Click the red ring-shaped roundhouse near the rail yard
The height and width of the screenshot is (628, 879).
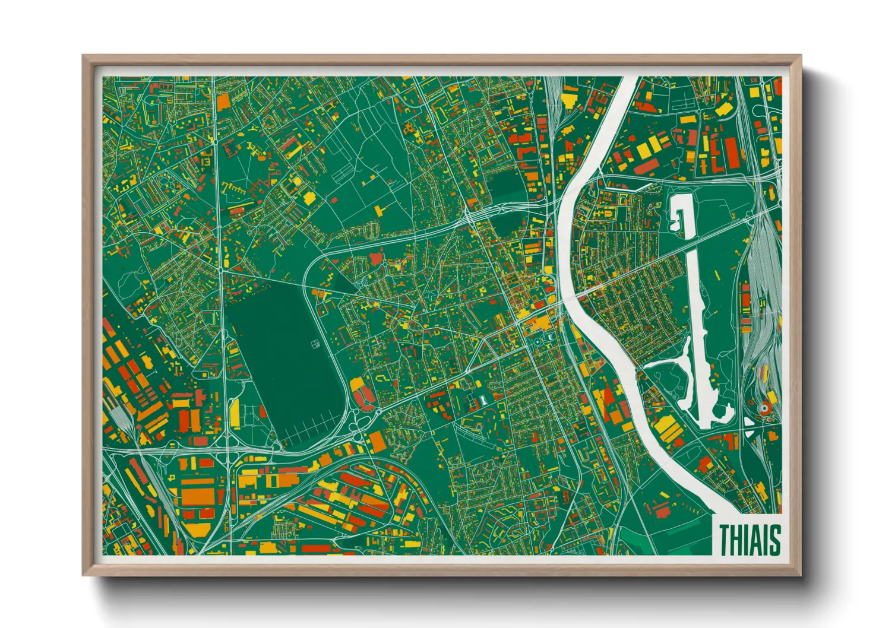pos(765,407)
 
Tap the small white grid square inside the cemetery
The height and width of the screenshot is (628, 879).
pos(315,344)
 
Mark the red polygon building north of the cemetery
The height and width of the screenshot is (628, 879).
pos(375,258)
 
